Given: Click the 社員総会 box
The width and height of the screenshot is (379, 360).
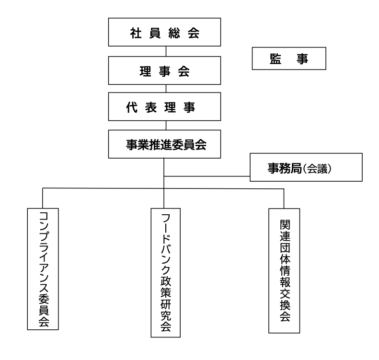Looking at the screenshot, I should click(165, 34).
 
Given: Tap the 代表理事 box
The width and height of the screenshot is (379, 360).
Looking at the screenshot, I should click(165, 107).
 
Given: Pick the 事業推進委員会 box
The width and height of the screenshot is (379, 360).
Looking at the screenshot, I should click(165, 144).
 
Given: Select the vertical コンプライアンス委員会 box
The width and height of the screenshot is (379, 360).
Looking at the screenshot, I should click(43, 269).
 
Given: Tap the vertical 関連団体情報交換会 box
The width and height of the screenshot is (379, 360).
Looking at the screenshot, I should click(284, 271).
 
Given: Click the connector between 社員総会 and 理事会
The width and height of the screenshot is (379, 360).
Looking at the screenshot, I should click(166, 51).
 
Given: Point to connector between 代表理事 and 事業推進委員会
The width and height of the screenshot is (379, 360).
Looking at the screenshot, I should click(166, 125).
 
